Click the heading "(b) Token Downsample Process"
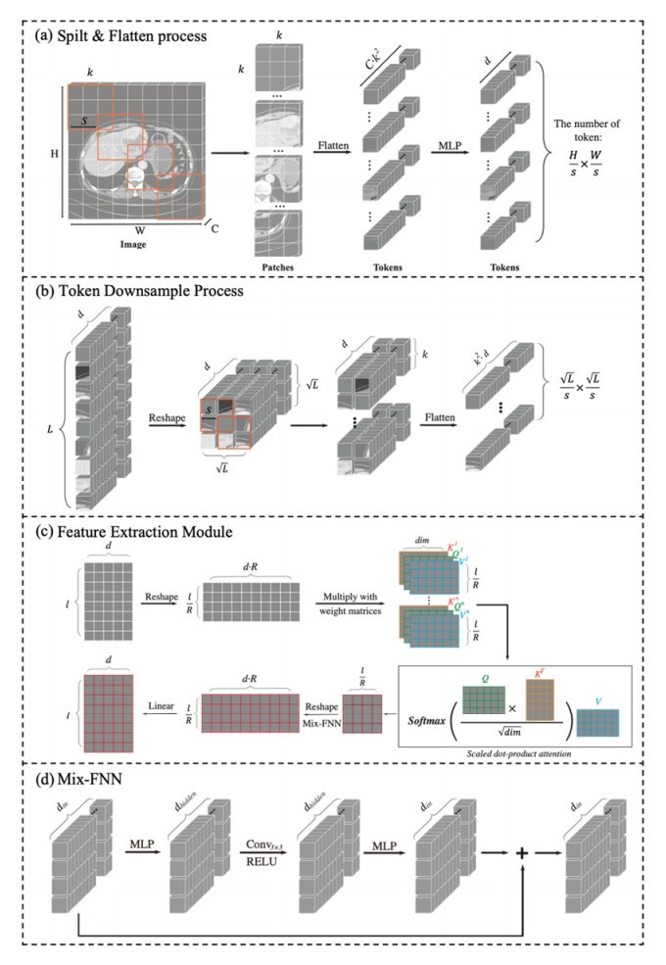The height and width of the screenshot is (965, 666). pos(136,292)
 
